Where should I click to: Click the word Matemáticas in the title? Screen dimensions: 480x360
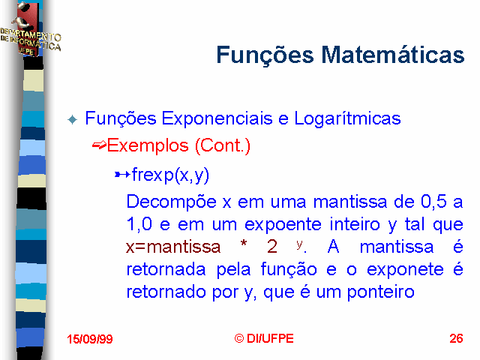[393, 55]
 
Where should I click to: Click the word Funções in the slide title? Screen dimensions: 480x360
[265, 55]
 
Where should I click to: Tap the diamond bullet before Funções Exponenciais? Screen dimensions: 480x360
[73, 119]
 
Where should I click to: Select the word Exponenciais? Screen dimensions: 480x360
[217, 118]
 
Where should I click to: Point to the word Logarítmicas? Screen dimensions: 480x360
[347, 118]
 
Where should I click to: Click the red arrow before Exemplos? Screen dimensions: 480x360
[99, 145]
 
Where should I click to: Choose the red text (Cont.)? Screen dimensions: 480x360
[223, 145]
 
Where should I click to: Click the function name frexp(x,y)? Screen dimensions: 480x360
[170, 175]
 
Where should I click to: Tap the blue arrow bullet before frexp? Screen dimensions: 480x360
[122, 175]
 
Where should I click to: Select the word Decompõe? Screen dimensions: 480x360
[172, 202]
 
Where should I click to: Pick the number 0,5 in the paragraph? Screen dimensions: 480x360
[433, 202]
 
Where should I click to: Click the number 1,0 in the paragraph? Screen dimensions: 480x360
[139, 224]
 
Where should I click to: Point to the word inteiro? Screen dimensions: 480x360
[355, 224]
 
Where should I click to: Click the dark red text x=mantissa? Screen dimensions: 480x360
[173, 247]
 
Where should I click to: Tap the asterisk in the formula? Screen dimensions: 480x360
[244, 244]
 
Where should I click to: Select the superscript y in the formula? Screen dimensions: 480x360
[299, 244]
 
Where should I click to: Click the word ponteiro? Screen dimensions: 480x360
[380, 292]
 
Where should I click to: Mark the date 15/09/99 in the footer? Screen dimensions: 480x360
[90, 339]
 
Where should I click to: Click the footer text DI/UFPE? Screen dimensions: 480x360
[270, 338]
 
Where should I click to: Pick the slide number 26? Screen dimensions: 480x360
[456, 338]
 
